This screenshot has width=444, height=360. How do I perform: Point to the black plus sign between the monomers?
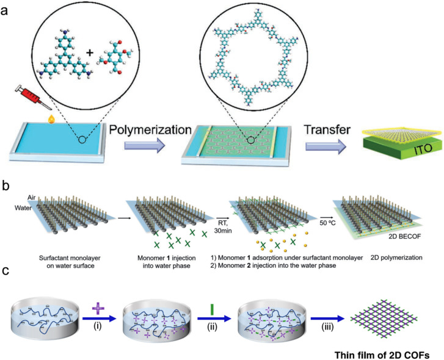click(x=91, y=52)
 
